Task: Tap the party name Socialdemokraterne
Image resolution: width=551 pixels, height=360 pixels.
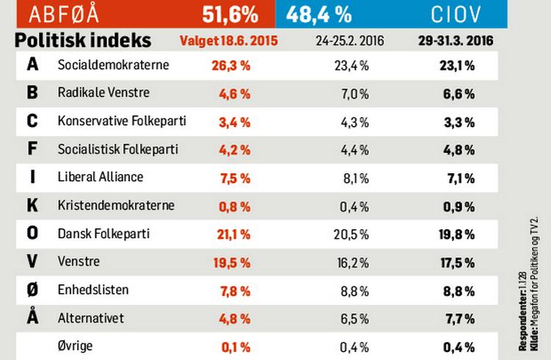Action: [x=113, y=65]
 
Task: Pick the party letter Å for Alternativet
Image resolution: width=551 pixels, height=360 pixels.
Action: [x=32, y=318]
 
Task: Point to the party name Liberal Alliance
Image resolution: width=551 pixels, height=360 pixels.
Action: [x=100, y=177]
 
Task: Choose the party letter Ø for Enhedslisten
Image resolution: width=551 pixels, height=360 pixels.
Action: [x=32, y=290]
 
